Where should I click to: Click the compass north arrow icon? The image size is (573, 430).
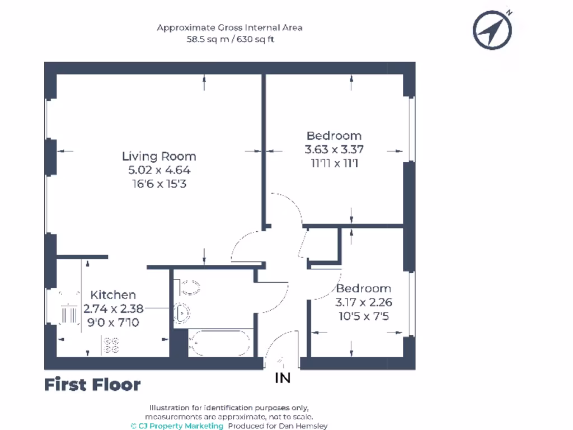click(492, 29)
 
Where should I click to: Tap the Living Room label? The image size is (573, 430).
click(159, 156)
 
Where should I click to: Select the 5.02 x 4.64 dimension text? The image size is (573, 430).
click(159, 170)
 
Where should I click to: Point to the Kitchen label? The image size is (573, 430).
click(113, 295)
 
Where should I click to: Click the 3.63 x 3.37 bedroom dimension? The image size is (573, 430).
click(334, 149)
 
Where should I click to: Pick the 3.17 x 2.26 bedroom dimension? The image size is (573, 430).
click(363, 302)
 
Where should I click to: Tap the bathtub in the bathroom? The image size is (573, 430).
click(219, 343)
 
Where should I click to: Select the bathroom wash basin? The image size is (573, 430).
click(181, 314)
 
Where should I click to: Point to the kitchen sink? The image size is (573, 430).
click(71, 314)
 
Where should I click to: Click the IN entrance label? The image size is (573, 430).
click(283, 378)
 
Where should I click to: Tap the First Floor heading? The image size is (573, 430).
click(92, 385)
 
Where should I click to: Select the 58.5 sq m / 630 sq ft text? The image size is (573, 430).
click(230, 40)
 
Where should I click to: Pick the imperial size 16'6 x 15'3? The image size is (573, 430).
click(159, 184)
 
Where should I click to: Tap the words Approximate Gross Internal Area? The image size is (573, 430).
click(230, 27)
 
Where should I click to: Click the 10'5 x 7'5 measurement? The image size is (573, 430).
click(363, 316)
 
